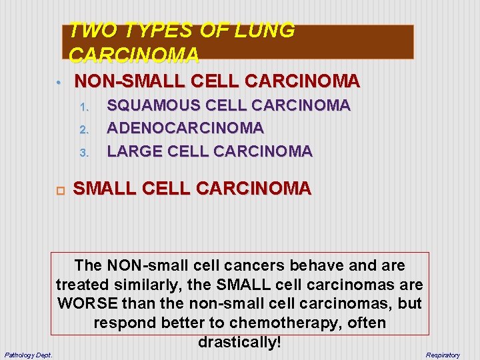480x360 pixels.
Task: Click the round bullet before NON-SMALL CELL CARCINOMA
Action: tap(59, 83)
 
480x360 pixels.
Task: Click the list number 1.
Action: tap(84, 107)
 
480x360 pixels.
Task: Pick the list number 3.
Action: tap(84, 153)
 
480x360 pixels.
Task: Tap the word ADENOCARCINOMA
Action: tap(185, 127)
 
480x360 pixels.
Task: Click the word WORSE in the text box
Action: tap(83, 304)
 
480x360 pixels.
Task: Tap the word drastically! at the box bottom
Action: tap(240, 343)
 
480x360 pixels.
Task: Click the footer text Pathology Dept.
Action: tap(29, 354)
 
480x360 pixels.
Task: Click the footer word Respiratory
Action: tap(443, 355)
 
